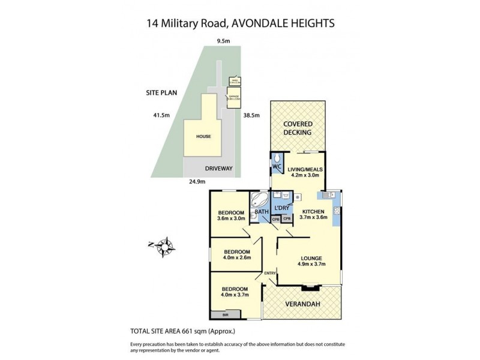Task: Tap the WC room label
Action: click(x=277, y=166)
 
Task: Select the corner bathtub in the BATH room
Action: click(x=261, y=201)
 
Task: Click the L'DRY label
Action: click(x=281, y=208)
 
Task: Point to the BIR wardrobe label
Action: click(x=225, y=314)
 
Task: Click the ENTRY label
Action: click(x=270, y=274)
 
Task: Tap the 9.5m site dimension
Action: click(x=224, y=41)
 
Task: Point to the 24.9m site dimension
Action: click(x=197, y=181)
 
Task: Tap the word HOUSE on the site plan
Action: click(x=203, y=137)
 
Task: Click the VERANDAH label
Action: click(x=304, y=305)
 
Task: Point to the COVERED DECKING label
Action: click(x=298, y=128)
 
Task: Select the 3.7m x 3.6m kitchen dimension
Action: click(x=313, y=217)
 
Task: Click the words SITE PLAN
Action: click(x=162, y=93)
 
